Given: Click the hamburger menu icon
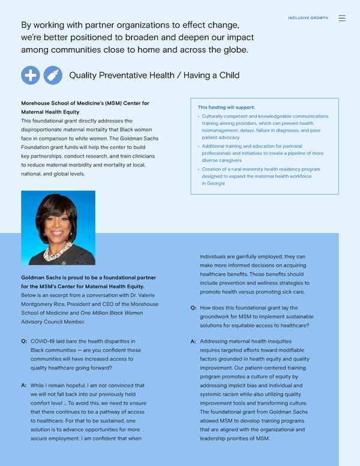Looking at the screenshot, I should pyautogui.click(x=342, y=18).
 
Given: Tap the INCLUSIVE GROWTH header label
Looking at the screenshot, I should pyautogui.click(x=308, y=18).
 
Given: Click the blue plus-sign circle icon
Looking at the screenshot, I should pyautogui.click(x=31, y=75).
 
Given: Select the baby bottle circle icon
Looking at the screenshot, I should pyautogui.click(x=53, y=75).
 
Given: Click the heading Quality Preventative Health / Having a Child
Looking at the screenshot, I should pyautogui.click(x=154, y=75).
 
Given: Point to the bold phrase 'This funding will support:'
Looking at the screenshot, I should pyautogui.click(x=222, y=107).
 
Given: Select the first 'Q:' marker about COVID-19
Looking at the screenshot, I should pyautogui.click(x=24, y=342).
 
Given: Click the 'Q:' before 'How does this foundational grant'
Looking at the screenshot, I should pyautogui.click(x=193, y=307).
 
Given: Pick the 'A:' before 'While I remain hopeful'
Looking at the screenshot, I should pyautogui.click(x=24, y=385).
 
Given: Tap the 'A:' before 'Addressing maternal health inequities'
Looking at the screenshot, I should pyautogui.click(x=193, y=342).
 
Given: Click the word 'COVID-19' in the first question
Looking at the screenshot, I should pyautogui.click(x=44, y=342).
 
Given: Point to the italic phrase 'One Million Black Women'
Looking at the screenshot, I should pyautogui.click(x=112, y=312).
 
